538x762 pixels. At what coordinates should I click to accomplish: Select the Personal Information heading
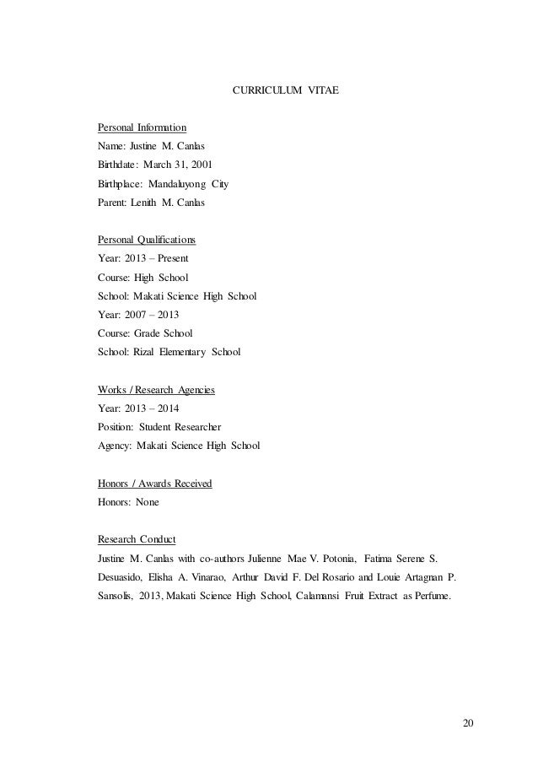(140, 127)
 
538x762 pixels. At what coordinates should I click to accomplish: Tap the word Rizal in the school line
(147, 352)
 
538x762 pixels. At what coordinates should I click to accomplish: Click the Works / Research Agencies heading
(156, 389)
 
